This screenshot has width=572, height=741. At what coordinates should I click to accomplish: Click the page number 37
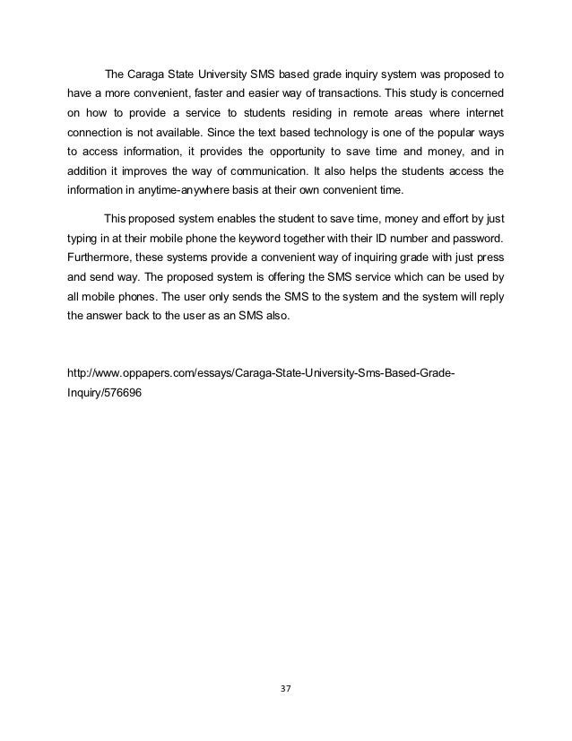point(285,689)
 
